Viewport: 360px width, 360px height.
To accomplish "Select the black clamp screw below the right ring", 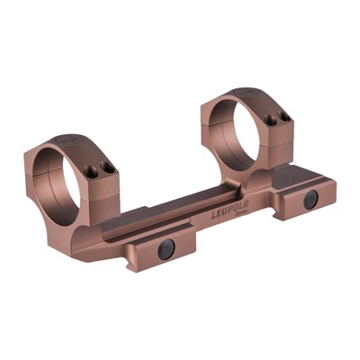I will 310,199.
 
